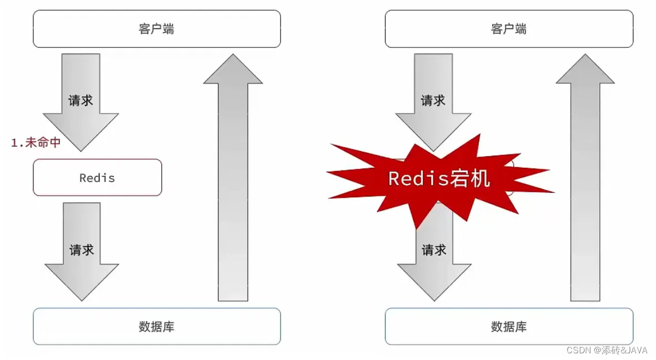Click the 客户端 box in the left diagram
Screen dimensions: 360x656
click(x=157, y=29)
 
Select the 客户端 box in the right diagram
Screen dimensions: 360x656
click(x=508, y=29)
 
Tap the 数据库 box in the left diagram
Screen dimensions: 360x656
click(x=157, y=326)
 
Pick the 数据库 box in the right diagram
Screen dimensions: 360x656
click(x=508, y=326)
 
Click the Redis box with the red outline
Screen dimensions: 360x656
click(x=97, y=178)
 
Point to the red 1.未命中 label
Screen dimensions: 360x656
click(x=36, y=143)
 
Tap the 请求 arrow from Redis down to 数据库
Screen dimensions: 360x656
click(x=82, y=250)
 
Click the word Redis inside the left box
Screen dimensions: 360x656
click(x=97, y=178)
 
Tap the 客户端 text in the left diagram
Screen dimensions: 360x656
click(x=157, y=29)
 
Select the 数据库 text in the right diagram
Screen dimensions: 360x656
click(x=508, y=327)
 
